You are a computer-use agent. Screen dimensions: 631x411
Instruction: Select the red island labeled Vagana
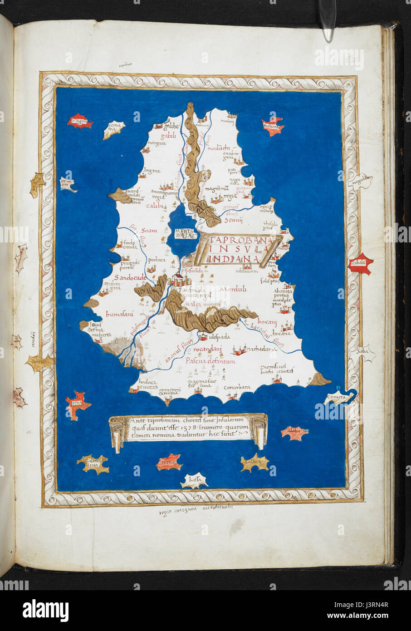click(80, 122)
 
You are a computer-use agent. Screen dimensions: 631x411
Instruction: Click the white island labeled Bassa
click(195, 480)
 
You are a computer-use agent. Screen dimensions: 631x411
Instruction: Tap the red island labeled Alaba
click(295, 433)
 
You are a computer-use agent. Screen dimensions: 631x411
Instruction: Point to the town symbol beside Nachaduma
click(239, 350)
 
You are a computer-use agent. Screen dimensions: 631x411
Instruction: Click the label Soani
click(149, 231)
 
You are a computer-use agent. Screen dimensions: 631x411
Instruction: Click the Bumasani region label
click(119, 314)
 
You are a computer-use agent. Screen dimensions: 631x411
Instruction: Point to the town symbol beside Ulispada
click(203, 336)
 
